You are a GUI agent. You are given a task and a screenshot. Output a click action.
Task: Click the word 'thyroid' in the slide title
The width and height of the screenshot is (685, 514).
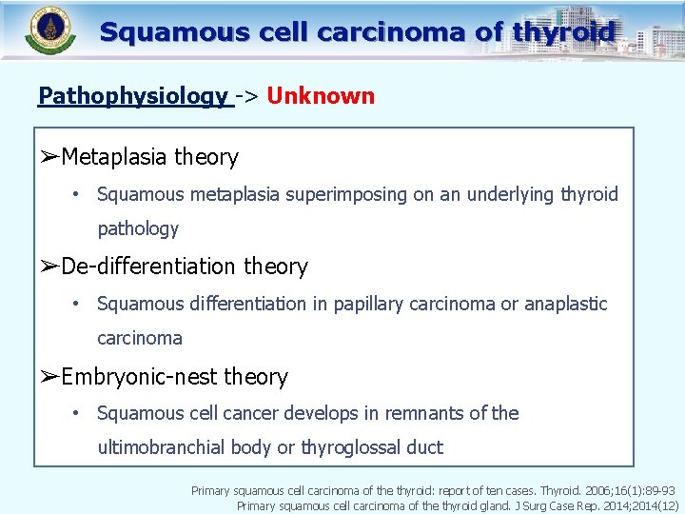pyautogui.click(x=563, y=32)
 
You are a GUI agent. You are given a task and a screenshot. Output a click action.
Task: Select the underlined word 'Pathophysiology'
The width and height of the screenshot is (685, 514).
pyautogui.click(x=132, y=96)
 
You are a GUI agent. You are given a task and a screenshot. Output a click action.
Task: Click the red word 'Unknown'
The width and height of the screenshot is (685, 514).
pyautogui.click(x=321, y=96)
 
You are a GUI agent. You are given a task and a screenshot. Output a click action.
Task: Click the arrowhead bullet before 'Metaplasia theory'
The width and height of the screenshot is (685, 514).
pyautogui.click(x=49, y=157)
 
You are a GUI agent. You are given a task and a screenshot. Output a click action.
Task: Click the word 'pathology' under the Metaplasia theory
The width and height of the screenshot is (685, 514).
pyautogui.click(x=138, y=228)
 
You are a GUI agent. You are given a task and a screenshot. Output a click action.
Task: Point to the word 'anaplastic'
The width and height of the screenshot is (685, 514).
pyautogui.click(x=565, y=304)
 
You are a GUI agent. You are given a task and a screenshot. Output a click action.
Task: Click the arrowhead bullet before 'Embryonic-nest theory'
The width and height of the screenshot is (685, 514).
pyautogui.click(x=49, y=377)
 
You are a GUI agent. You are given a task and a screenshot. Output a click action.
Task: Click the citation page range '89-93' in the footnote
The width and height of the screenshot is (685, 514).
pyautogui.click(x=659, y=491)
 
